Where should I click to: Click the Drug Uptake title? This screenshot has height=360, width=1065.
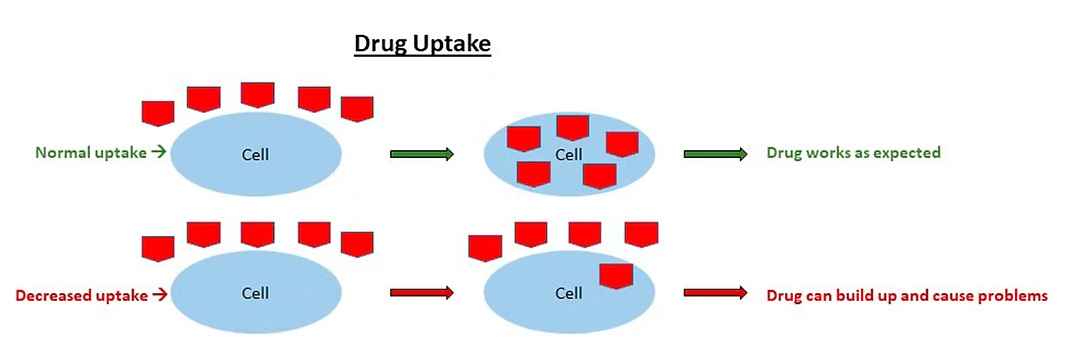423,46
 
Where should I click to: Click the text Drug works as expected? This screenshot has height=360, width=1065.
853,154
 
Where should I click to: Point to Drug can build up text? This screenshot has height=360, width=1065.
906,296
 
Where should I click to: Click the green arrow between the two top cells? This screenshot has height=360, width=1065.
421,154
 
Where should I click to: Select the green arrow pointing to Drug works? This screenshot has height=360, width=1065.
715,154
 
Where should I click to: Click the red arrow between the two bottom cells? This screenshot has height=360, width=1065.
421,294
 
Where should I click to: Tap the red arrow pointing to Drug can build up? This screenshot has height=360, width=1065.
715,294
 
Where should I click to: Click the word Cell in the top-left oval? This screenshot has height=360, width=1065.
256,155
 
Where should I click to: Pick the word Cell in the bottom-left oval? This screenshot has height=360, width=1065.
256,294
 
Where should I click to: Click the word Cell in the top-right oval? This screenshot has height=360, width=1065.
568,155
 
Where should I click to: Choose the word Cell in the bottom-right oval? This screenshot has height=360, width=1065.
568,294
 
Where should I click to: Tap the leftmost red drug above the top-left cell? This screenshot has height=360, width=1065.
158,112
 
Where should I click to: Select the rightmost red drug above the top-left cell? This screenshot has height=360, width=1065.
357,108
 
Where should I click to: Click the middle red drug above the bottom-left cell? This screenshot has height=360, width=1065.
258,234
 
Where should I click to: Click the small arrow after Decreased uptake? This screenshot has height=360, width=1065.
159,295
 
